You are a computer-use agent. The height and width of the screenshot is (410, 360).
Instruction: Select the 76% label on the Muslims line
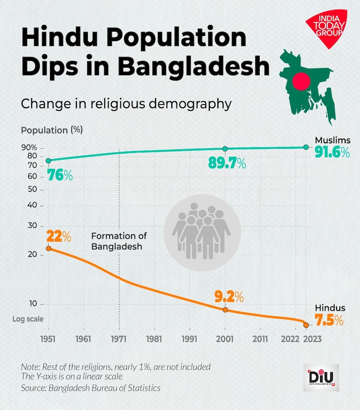point(60,176)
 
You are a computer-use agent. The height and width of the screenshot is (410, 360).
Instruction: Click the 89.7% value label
point(227,164)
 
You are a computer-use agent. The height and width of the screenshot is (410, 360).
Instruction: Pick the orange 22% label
point(59,236)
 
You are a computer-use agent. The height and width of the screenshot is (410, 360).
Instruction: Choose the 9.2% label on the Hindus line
point(229,297)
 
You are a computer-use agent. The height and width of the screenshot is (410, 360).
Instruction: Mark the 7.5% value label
point(329,320)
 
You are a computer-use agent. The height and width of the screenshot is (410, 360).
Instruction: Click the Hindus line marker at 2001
point(225,310)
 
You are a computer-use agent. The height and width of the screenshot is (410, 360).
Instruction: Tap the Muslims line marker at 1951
point(48,161)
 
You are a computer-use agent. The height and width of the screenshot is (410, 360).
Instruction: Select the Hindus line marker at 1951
point(48,248)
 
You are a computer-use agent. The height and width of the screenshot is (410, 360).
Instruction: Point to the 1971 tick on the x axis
point(119,339)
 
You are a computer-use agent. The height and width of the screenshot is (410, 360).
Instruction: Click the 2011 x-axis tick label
point(260,339)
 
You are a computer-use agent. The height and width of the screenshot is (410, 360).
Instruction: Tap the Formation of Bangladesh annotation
point(119,241)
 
